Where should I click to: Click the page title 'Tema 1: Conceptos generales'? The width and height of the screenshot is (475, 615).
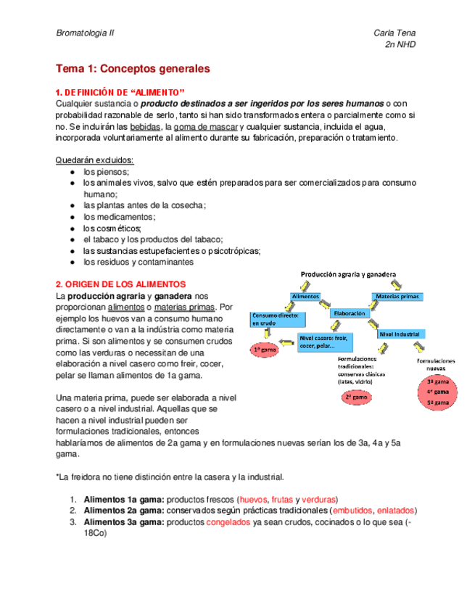pos(133,69)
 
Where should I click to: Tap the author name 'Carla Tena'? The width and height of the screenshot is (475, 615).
pos(394,33)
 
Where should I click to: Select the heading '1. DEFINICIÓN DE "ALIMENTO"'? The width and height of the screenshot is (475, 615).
pos(121,92)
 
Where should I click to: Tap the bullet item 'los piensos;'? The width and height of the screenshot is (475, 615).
pos(107,172)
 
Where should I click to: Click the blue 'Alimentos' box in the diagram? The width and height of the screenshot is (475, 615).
pos(305,297)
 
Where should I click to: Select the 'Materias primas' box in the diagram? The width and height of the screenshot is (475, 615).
pos(398,297)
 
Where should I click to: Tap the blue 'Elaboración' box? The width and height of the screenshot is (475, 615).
pos(351,314)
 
